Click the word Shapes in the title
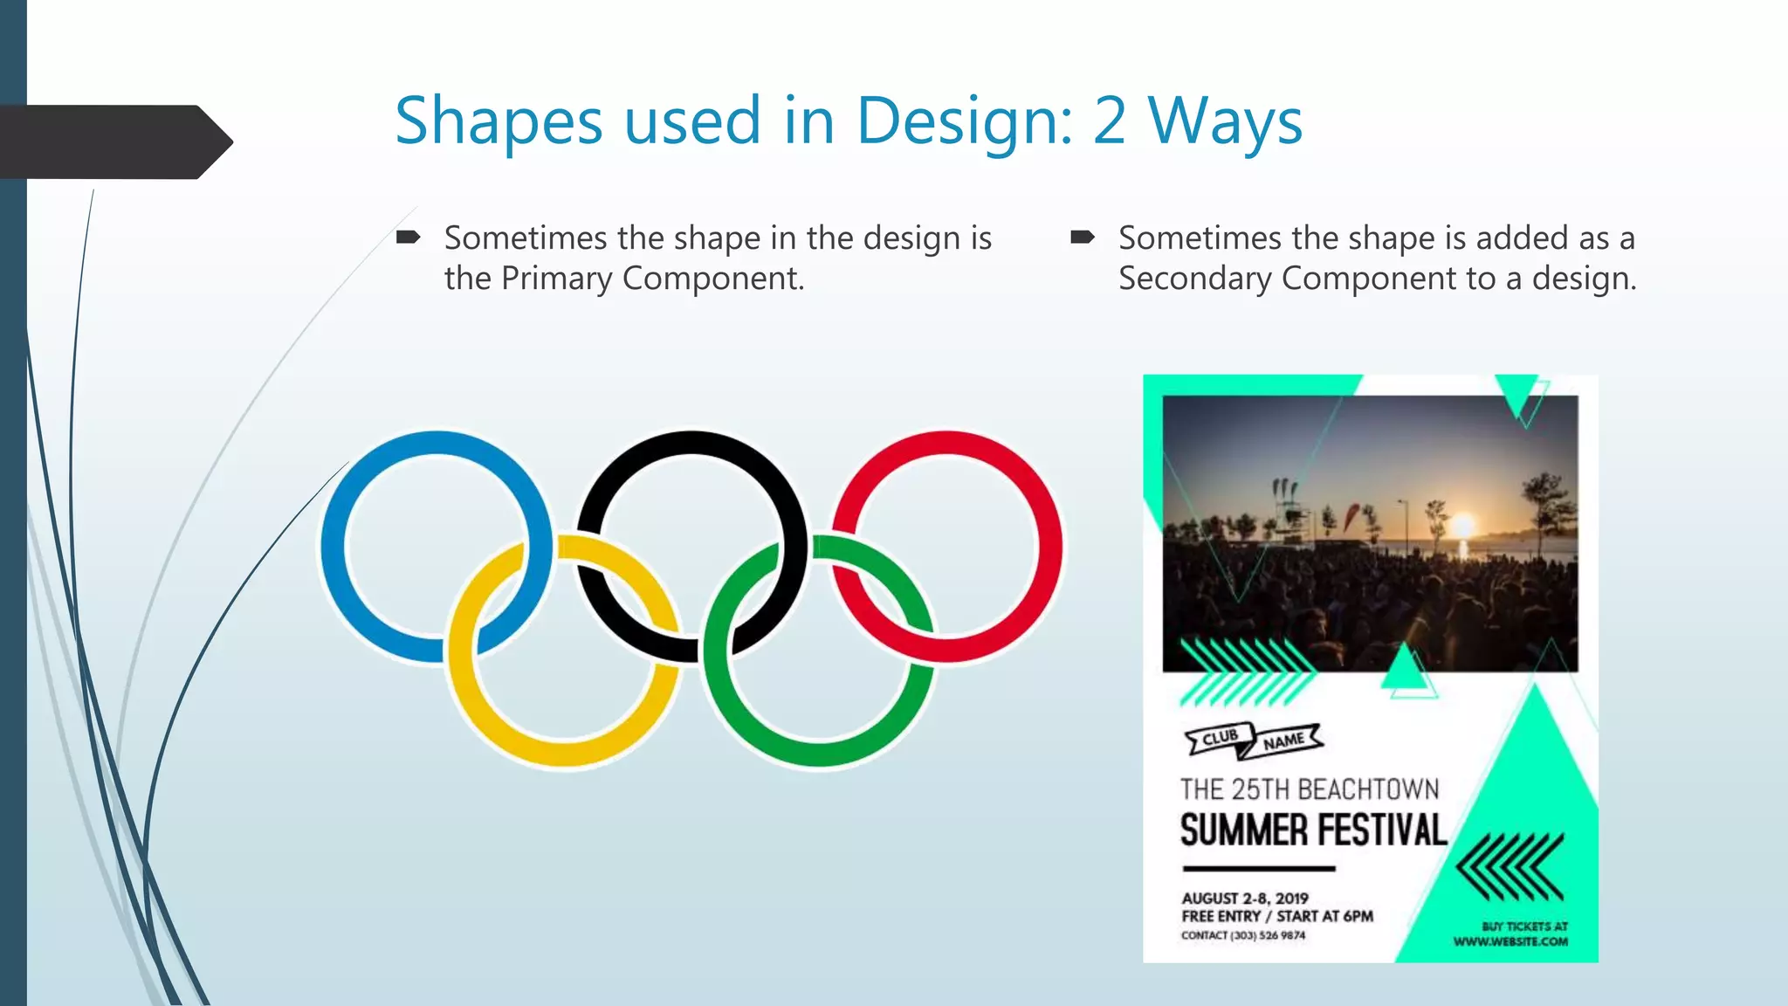(498, 122)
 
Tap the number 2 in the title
(1109, 121)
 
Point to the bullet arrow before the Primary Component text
(409, 238)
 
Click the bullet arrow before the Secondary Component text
(1083, 238)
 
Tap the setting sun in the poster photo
(1462, 526)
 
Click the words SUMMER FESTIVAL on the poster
(1313, 830)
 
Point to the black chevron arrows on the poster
(1510, 867)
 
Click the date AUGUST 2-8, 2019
(1245, 899)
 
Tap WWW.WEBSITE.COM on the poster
(1510, 941)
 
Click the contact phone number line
(1243, 935)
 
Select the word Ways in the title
(1225, 122)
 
